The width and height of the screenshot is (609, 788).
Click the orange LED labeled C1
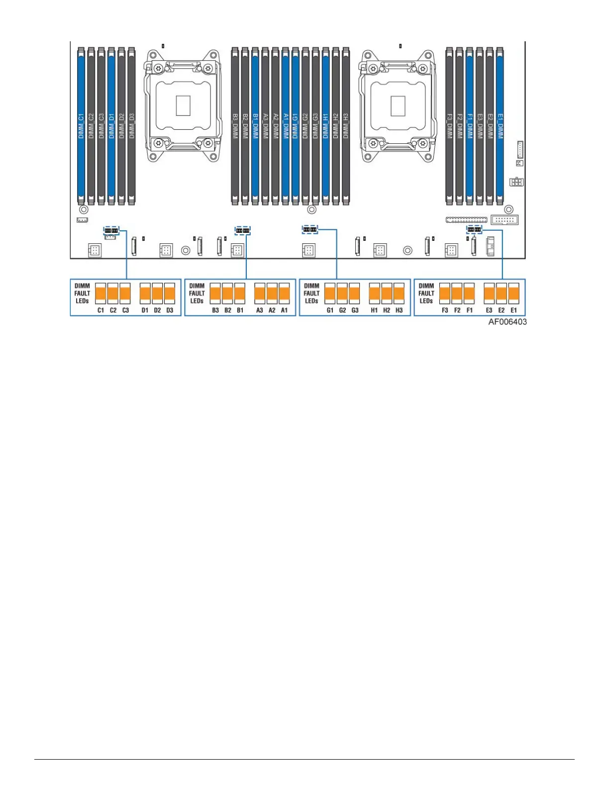click(x=101, y=294)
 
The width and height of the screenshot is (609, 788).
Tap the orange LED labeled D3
click(x=170, y=294)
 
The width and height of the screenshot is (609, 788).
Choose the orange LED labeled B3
click(x=215, y=294)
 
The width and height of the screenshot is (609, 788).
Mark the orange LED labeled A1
click(x=284, y=294)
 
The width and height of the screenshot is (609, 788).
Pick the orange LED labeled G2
click(x=342, y=294)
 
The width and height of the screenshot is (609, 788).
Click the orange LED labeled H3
click(x=399, y=294)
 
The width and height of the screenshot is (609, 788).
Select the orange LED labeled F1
click(x=469, y=294)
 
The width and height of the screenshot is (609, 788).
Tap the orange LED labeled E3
click(x=489, y=294)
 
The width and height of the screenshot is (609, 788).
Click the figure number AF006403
click(x=507, y=322)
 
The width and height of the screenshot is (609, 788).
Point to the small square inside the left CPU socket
click(x=183, y=105)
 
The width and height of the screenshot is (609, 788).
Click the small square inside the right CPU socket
click(x=398, y=105)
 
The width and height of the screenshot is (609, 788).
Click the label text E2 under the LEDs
click(x=502, y=310)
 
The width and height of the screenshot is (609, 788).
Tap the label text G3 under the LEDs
click(x=355, y=310)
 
